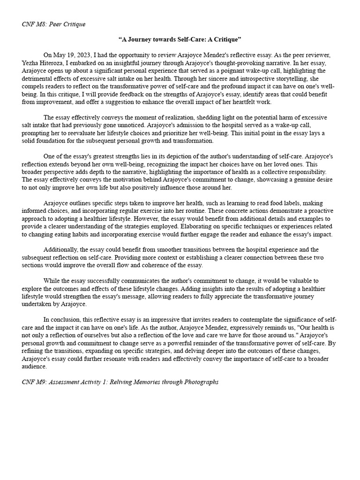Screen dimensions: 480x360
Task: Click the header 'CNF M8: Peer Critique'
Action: pos(53,24)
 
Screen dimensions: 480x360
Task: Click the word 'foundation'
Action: pos(54,140)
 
